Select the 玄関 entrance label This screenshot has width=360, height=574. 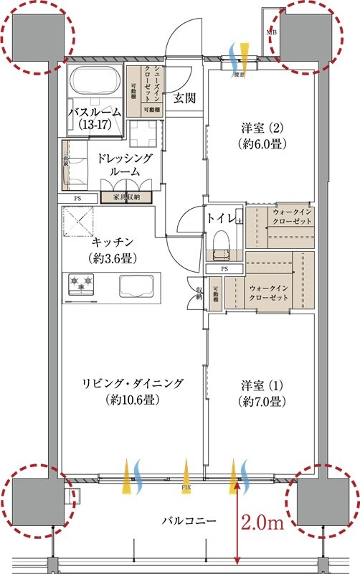pyautogui.click(x=184, y=98)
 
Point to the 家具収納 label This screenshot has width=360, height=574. pyautogui.click(x=125, y=197)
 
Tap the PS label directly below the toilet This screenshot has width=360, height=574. pyautogui.click(x=224, y=268)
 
